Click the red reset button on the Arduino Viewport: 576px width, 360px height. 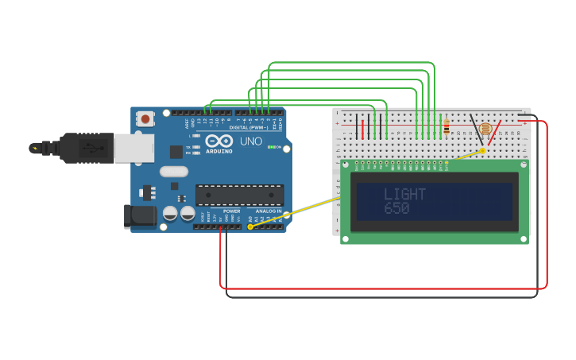click(145, 119)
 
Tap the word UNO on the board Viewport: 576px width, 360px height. click(251, 141)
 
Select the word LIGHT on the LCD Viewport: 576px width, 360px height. click(404, 194)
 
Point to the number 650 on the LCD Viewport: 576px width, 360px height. click(396, 208)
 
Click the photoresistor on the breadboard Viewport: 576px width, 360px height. click(485, 128)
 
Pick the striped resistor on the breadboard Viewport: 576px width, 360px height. click(446, 127)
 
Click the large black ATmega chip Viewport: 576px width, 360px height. click(239, 195)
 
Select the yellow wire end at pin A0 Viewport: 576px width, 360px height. click(250, 226)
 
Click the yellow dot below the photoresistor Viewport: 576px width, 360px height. click(482, 150)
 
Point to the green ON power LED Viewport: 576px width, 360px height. click(271, 147)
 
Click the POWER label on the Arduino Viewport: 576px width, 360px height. click(231, 211)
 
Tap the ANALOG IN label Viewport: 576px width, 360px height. click(268, 211)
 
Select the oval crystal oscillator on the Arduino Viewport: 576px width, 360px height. click(174, 171)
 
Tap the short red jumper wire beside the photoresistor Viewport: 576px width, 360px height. click(494, 133)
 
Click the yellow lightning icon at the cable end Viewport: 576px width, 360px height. click(34, 148)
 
